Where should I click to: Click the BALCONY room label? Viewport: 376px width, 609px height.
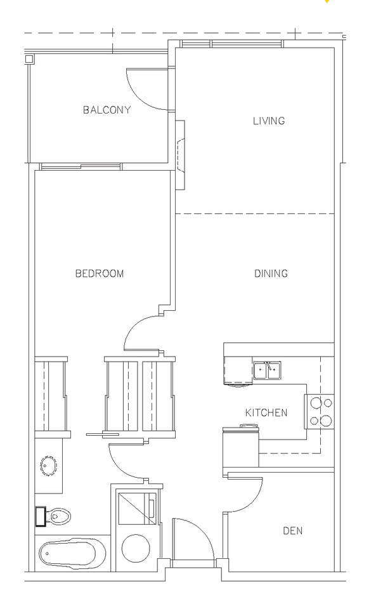tap(107, 110)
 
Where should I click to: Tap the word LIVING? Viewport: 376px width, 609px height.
tap(269, 121)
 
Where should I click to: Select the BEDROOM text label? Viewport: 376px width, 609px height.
tap(100, 274)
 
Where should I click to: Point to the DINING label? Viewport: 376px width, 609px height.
tap(271, 274)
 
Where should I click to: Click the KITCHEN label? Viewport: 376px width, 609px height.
tap(266, 412)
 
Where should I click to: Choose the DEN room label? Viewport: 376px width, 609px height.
tap(292, 531)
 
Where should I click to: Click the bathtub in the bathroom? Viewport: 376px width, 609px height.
tap(72, 554)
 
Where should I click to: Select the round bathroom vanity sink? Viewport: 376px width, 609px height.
tap(48, 466)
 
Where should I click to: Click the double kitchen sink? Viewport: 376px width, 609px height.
tap(267, 370)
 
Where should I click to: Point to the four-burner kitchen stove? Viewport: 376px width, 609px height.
tap(320, 412)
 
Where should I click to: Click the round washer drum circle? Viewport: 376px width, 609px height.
tap(136, 548)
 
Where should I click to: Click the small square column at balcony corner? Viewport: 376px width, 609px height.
tap(29, 59)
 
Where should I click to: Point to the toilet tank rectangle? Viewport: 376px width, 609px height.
tap(41, 516)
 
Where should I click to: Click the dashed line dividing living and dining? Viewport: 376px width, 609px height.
tap(255, 214)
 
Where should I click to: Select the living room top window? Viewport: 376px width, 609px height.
tap(231, 44)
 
